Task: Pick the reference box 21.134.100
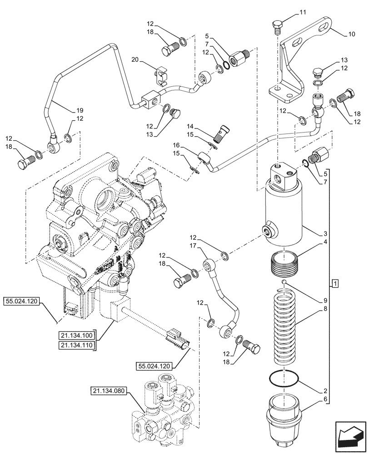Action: pos(76,336)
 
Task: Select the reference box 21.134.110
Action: pos(76,345)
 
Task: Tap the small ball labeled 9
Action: pos(283,283)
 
